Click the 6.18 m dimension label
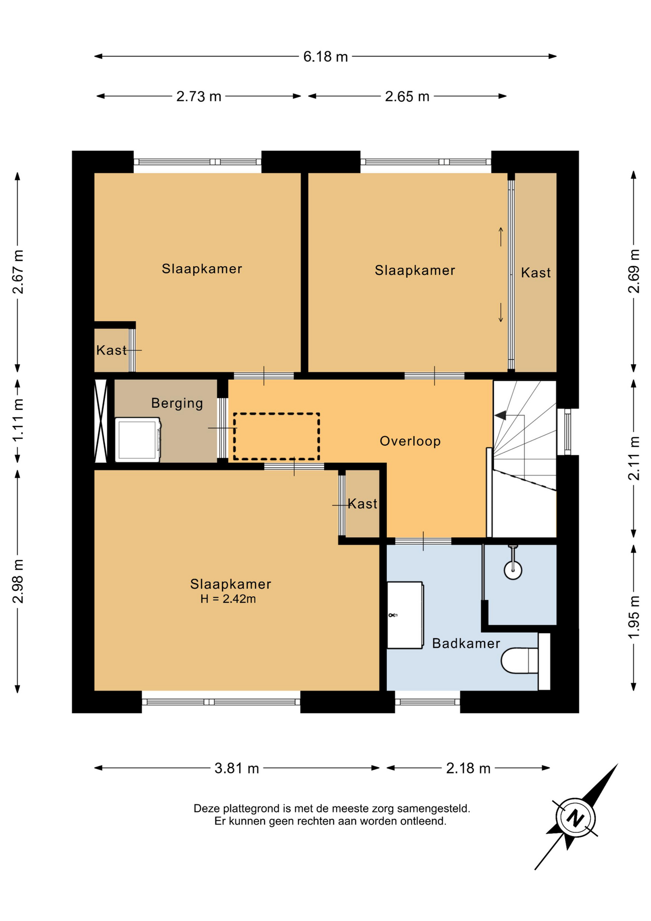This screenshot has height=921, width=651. pyautogui.click(x=325, y=57)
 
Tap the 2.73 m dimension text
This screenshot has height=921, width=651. pyautogui.click(x=198, y=96)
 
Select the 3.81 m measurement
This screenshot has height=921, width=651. pyautogui.click(x=236, y=768)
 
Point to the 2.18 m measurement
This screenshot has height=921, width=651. pyautogui.click(x=468, y=768)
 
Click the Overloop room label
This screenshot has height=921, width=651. pyautogui.click(x=410, y=441)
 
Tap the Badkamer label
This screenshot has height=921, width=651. pyautogui.click(x=466, y=643)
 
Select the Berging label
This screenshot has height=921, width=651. pyautogui.click(x=177, y=403)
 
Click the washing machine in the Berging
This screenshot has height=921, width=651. pyautogui.click(x=138, y=440)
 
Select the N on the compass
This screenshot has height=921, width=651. pyautogui.click(x=575, y=818)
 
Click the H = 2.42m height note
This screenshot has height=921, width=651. pyautogui.click(x=228, y=599)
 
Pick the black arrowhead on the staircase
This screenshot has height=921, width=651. pyautogui.click(x=500, y=415)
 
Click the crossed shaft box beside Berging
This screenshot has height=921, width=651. pyautogui.click(x=101, y=421)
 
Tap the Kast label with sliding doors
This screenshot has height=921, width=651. pyautogui.click(x=535, y=272)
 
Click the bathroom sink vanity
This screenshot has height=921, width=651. pyautogui.click(x=405, y=615)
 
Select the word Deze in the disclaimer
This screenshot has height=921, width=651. pyautogui.click(x=206, y=808)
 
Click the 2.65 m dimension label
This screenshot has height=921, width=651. pyautogui.click(x=407, y=96)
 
